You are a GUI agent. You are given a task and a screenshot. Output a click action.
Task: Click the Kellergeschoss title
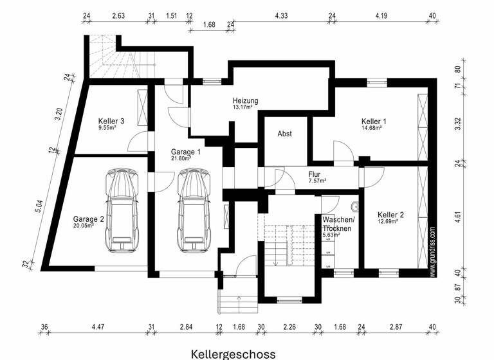click(233, 354)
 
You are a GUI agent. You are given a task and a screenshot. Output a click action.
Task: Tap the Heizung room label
click(245, 100)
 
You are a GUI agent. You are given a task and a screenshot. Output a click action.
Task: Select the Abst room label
click(284, 134)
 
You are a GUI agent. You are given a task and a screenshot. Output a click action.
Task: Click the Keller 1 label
click(374, 121)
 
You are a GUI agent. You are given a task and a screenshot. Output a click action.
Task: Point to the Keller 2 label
click(390, 215)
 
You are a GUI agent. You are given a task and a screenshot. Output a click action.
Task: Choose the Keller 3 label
click(111, 121)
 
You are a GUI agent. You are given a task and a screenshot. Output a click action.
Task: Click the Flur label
click(315, 174)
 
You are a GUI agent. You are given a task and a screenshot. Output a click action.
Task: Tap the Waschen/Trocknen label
click(338, 224)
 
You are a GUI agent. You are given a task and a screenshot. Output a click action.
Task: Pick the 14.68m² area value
click(372, 128)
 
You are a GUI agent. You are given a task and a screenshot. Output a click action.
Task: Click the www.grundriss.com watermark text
click(433, 251)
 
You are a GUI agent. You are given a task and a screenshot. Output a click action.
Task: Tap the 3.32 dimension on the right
click(457, 124)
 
